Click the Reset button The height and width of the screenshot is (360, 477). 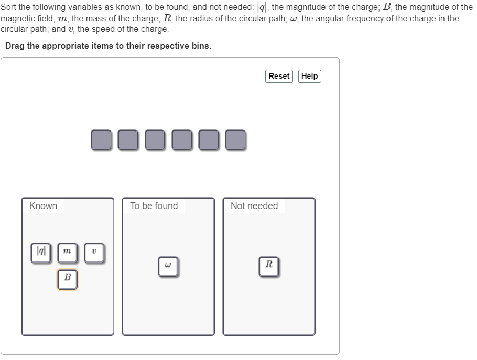click(x=279, y=76)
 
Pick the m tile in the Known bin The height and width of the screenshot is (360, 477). click(x=67, y=252)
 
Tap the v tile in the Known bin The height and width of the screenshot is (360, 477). click(x=94, y=252)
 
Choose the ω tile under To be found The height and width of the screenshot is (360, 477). click(x=168, y=266)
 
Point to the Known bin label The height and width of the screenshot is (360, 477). click(x=44, y=206)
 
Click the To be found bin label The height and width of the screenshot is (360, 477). click(x=154, y=206)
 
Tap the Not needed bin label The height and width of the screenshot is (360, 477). click(x=254, y=206)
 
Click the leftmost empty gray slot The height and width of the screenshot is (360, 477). click(x=101, y=140)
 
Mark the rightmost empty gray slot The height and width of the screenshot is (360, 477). click(x=235, y=140)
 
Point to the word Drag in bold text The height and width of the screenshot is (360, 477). click(x=15, y=46)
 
